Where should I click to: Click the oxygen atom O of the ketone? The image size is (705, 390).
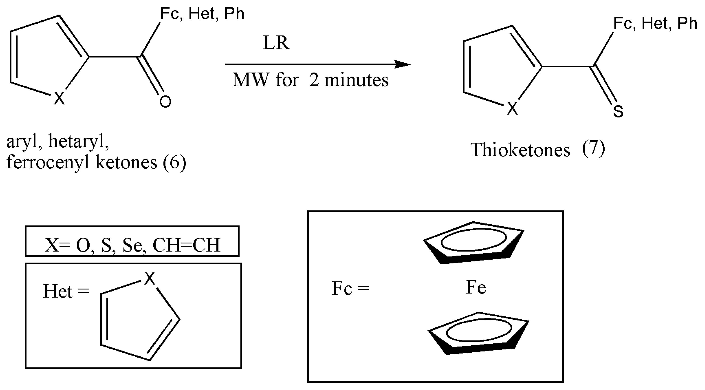165,101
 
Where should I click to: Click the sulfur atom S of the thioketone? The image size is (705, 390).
618,112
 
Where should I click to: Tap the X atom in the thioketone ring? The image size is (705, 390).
512,109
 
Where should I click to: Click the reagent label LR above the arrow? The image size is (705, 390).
276,43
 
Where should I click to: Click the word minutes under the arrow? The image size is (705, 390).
356,80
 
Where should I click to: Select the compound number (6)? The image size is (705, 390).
174,162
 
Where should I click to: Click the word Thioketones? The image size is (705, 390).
520,150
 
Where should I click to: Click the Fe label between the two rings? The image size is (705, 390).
476,288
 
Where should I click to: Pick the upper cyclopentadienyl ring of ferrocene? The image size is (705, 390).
473,243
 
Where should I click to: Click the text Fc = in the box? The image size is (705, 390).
350,289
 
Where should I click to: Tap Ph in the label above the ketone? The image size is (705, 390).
234,14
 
